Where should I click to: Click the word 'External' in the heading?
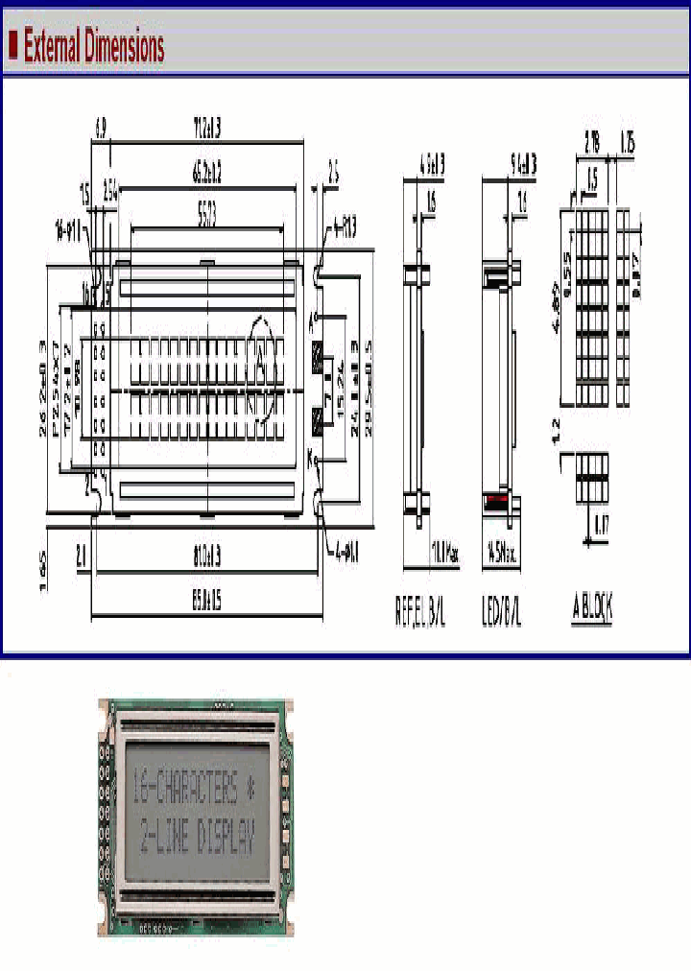[53, 46]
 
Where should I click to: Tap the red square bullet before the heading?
[12, 44]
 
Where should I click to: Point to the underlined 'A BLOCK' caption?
[593, 607]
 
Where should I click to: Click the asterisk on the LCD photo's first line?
[252, 790]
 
